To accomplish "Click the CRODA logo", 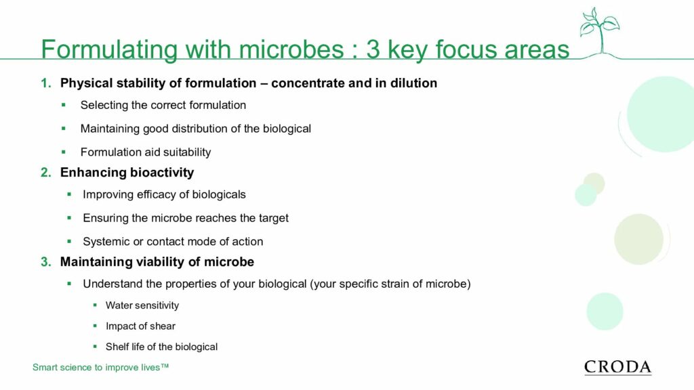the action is [618, 367].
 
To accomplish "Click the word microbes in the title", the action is [291, 49].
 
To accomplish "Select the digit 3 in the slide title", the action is [373, 49].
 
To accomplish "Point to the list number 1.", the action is [45, 83].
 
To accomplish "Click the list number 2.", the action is [45, 173].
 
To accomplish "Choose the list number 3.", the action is [45, 262].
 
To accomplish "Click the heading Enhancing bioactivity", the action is [127, 173].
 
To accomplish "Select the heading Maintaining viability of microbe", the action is [157, 262].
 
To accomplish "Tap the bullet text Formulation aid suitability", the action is [146, 152].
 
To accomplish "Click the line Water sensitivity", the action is [142, 305].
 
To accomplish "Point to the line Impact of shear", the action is [140, 326].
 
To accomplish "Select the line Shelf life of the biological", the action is [161, 347].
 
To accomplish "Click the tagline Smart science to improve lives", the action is [100, 368].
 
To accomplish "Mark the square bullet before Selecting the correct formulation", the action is [64, 105].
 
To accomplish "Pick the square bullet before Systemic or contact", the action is [69, 242].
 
